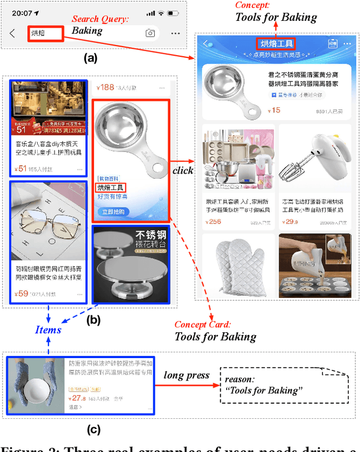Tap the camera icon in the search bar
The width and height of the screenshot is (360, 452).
click(150, 33)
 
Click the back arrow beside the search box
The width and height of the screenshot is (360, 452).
click(12, 33)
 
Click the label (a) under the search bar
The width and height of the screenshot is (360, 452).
click(90, 57)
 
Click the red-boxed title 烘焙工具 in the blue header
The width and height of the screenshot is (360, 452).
click(276, 43)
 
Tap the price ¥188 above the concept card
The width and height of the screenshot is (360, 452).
click(105, 87)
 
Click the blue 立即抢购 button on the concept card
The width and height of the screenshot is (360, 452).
click(115, 212)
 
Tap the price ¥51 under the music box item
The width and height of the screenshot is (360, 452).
click(21, 168)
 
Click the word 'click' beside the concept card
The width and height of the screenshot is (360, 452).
click(183, 170)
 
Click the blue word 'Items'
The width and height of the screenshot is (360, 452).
click(48, 329)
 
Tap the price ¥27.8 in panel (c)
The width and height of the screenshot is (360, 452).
click(80, 397)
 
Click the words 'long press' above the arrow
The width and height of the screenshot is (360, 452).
click(186, 375)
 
